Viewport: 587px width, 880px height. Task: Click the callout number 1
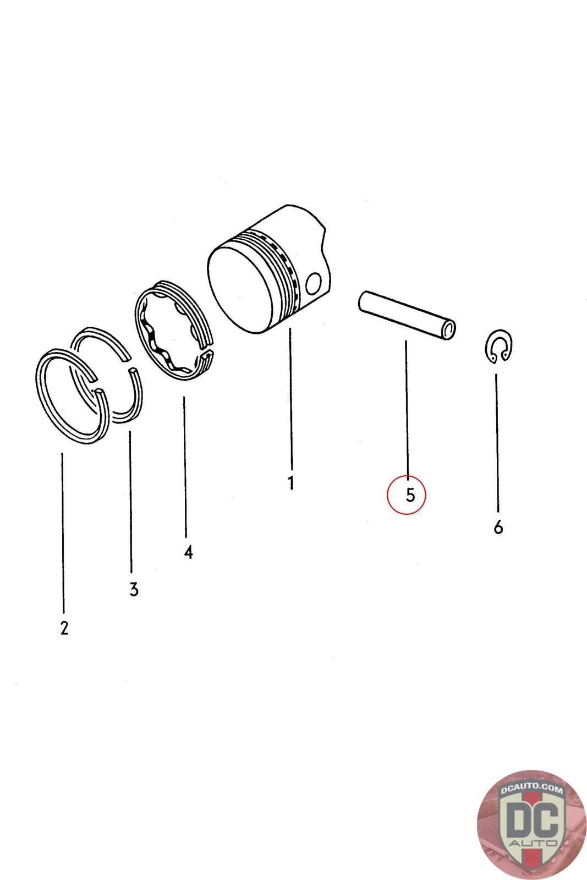point(291,482)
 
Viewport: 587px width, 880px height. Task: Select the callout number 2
point(64,628)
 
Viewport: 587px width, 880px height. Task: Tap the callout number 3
point(134,589)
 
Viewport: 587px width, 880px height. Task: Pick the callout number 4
point(188,552)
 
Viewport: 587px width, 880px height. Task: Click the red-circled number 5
point(410,495)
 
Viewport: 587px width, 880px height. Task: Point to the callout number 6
point(498,527)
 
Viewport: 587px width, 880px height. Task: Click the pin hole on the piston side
point(314,283)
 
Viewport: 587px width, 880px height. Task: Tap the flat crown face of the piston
point(240,289)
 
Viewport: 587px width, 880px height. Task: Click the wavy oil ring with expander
point(174,331)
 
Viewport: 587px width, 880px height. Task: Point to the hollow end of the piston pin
point(449,329)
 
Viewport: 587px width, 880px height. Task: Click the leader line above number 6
point(497,443)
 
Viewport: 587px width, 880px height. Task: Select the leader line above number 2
point(63,532)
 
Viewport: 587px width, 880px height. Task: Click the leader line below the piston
point(291,398)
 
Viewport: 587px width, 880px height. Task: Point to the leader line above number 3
point(130,502)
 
